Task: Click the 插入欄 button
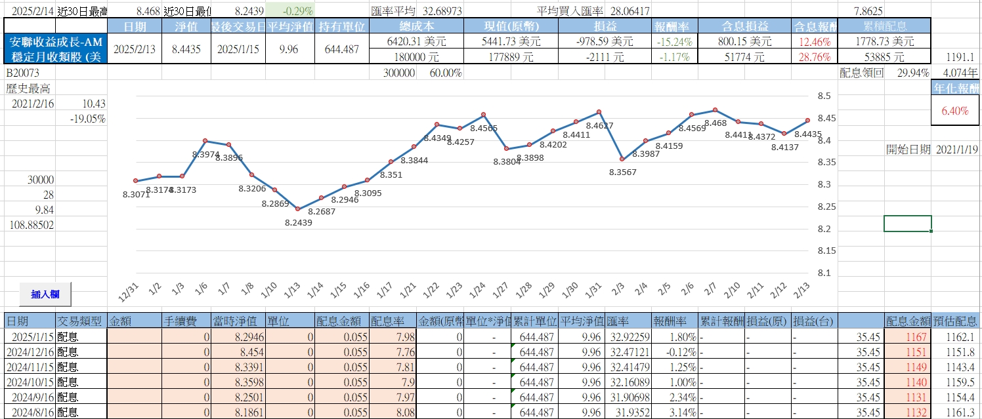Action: coord(46,294)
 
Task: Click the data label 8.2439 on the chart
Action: coord(299,222)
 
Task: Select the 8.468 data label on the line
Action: coord(715,123)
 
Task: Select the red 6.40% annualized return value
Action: coord(954,111)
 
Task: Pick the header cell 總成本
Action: coord(416,26)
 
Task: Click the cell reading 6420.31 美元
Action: coord(416,41)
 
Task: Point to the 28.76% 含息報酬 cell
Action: coord(815,57)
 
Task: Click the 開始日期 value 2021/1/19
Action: coord(958,150)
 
